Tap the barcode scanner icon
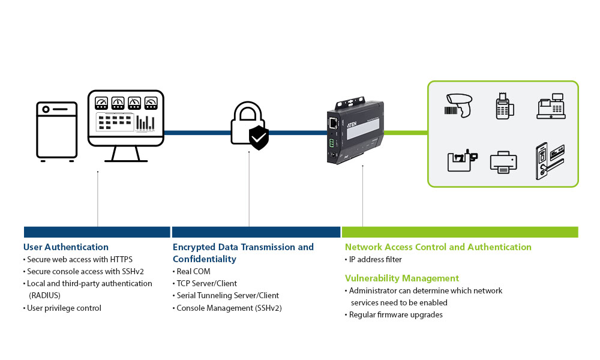pyautogui.click(x=458, y=105)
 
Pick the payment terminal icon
pyautogui.click(x=504, y=106)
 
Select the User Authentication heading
pyautogui.click(x=66, y=247)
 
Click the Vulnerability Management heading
pyautogui.click(x=402, y=278)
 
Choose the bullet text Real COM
pyautogui.click(x=193, y=272)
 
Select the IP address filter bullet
pyautogui.click(x=376, y=260)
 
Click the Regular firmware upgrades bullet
pyautogui.click(x=396, y=315)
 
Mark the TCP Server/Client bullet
pyautogui.click(x=206, y=284)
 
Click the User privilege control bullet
pyautogui.click(x=64, y=308)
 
